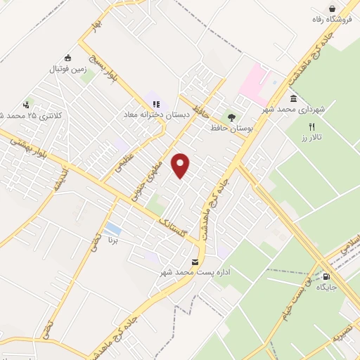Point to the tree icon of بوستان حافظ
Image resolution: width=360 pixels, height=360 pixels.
(x=230, y=117)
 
